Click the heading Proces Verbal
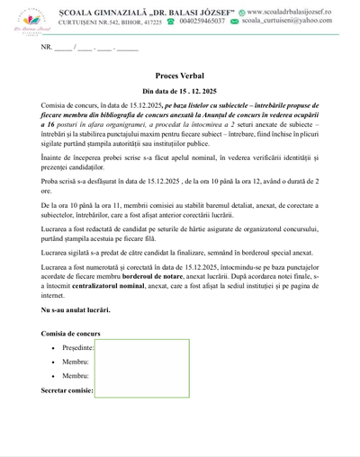tap(180, 78)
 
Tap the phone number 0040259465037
tap(202, 19)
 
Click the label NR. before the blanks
tap(47, 46)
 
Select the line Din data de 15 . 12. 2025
tap(180, 93)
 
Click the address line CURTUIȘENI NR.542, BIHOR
tap(99, 19)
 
